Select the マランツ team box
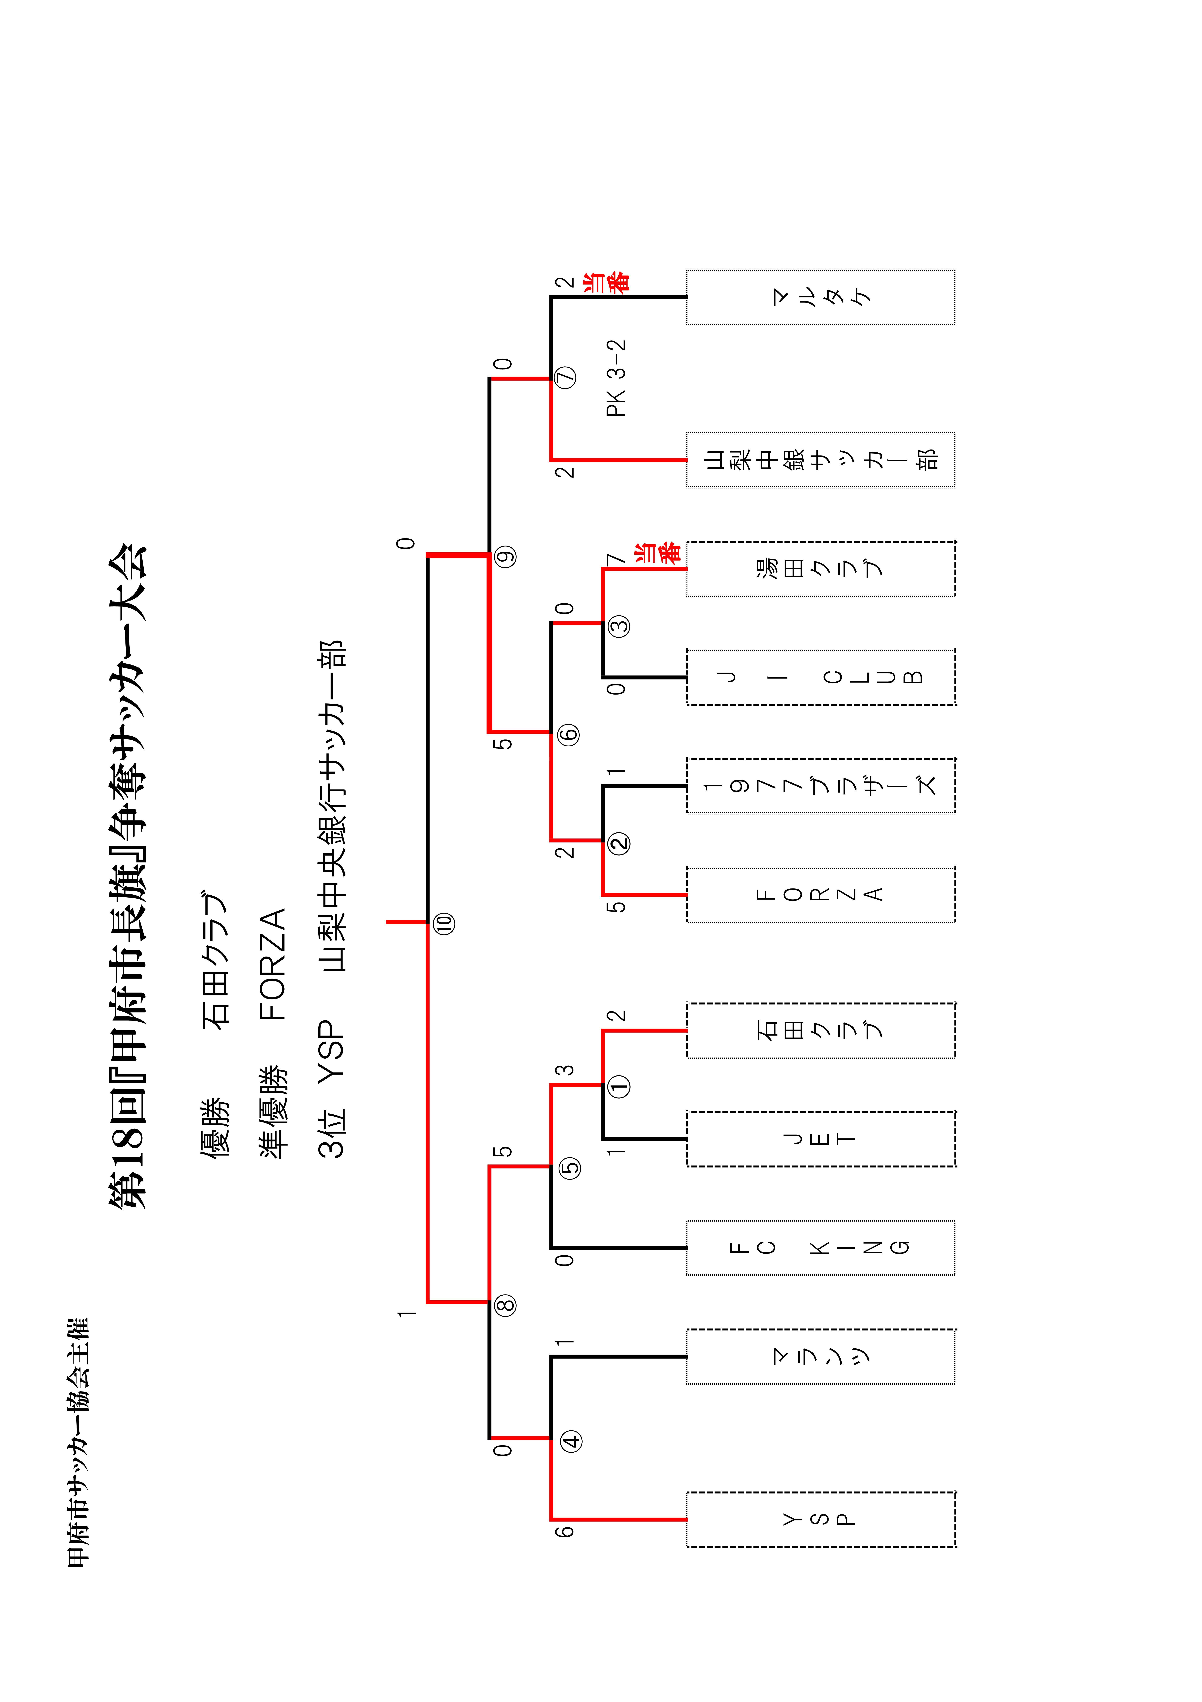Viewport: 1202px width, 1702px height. tap(821, 1357)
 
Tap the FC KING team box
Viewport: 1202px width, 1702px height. tap(821, 1248)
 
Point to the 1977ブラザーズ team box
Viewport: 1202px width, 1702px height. tap(821, 786)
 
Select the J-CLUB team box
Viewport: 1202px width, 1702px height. tap(821, 677)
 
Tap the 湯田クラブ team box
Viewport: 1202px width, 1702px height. tap(821, 568)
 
